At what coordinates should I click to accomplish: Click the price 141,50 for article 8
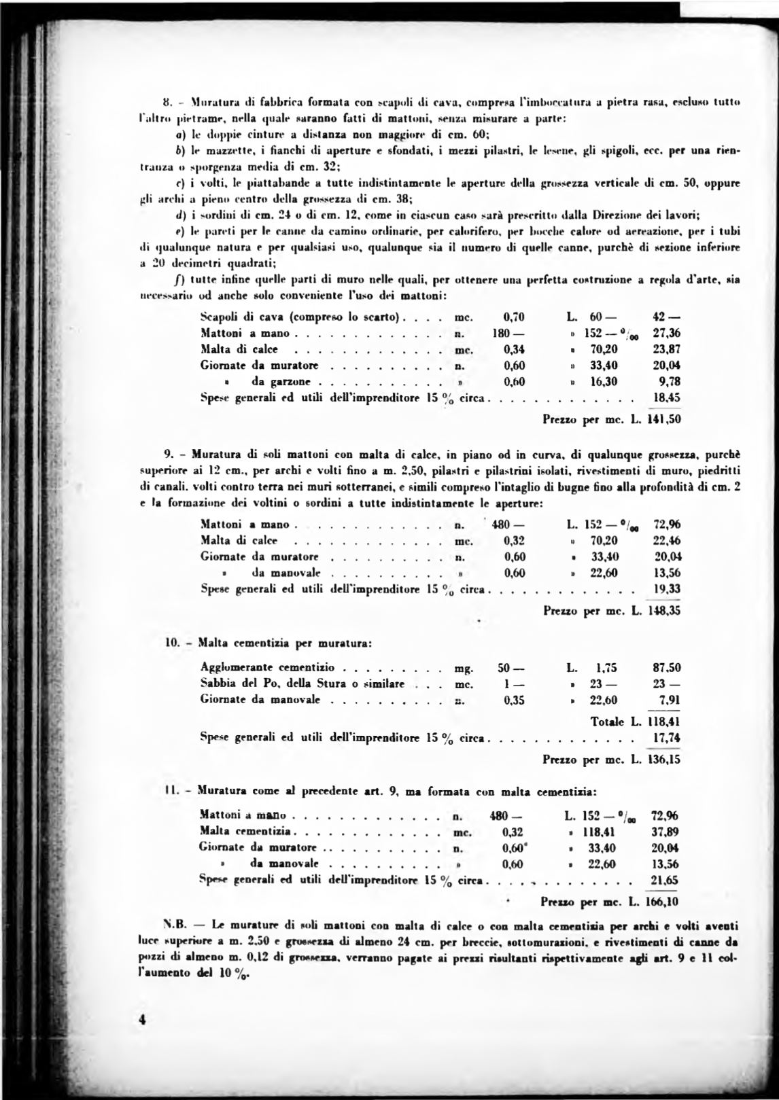point(665,419)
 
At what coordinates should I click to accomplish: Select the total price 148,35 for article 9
point(665,610)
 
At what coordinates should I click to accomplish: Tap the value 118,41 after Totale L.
point(665,722)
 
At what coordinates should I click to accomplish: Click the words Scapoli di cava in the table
point(242,317)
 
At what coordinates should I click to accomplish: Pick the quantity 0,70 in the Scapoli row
point(514,317)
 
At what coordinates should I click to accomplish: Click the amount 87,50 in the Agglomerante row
point(666,667)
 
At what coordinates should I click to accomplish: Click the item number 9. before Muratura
point(170,454)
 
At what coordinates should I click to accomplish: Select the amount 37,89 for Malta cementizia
point(665,832)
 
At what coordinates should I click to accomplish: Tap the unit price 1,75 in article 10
point(604,667)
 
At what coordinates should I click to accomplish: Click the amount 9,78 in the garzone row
point(670,382)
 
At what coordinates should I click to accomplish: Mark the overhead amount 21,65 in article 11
point(665,881)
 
